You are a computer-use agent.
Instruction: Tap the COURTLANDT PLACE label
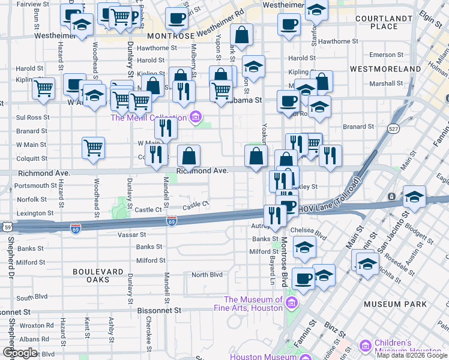(384, 22)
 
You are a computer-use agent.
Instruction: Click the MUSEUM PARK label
(395, 304)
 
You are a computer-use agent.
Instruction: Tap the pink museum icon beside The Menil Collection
(196, 117)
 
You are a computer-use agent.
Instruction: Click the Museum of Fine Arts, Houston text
(253, 304)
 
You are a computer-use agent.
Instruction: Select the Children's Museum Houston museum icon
(366, 346)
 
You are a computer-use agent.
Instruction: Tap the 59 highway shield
(7, 227)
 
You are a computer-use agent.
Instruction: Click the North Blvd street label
(206, 275)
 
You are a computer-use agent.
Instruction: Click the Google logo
(20, 353)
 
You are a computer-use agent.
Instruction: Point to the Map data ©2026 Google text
(412, 355)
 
